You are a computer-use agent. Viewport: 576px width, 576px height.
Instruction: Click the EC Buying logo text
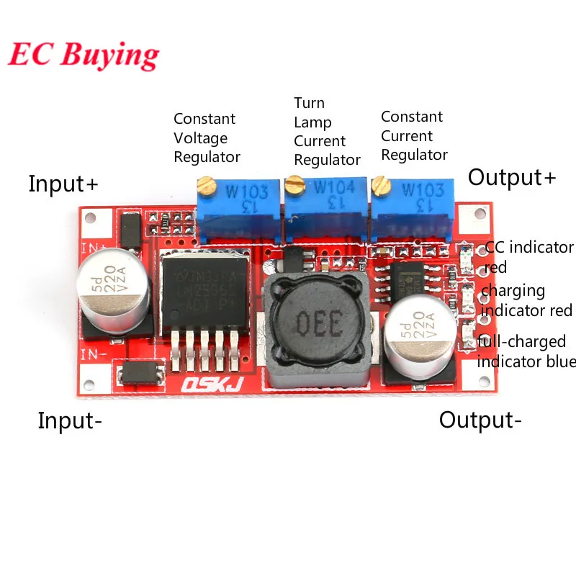[x=84, y=55]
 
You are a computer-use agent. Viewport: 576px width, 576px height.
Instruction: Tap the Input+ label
[x=63, y=184]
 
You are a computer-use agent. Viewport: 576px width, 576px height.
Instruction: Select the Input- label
[x=69, y=420]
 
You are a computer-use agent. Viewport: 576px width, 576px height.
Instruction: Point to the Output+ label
[x=512, y=177]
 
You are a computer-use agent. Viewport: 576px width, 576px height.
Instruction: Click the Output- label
[x=480, y=420]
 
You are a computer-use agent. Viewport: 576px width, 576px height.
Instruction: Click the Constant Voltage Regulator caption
[x=207, y=138]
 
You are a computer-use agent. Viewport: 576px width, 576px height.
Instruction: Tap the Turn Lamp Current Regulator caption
[x=327, y=131]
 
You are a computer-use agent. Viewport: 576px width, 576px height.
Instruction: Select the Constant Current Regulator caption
[x=414, y=135]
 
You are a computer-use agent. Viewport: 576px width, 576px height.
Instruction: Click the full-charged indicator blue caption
[x=526, y=351]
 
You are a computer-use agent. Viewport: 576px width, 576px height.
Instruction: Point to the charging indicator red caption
[x=526, y=300]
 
